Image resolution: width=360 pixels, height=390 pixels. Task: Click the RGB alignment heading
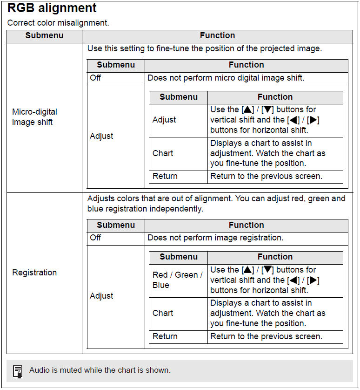tap(52, 8)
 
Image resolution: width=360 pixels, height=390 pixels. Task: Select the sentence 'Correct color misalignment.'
tap(58, 23)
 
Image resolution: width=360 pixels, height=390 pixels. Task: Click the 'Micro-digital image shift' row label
tap(35, 117)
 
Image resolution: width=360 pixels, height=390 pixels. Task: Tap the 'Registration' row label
tap(34, 273)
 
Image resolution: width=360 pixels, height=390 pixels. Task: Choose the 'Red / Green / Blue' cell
tap(177, 280)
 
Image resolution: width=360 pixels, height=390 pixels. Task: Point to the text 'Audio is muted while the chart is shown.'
tap(100, 370)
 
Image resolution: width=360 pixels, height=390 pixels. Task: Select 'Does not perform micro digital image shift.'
tap(226, 78)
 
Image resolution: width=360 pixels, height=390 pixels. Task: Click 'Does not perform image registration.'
tap(215, 238)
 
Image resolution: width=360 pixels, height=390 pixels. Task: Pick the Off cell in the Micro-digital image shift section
tap(95, 78)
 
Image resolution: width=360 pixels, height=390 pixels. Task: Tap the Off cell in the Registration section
tap(95, 238)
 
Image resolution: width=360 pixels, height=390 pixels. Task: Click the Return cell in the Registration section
tap(165, 336)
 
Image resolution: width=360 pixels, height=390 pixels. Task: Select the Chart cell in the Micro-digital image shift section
tap(163, 153)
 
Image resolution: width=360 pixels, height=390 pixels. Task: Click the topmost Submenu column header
tap(44, 36)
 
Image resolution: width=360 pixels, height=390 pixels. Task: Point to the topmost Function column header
tap(217, 36)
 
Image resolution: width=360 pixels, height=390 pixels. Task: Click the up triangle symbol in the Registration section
tap(247, 270)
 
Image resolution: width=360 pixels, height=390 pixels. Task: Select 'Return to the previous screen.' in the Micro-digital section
tap(266, 176)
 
